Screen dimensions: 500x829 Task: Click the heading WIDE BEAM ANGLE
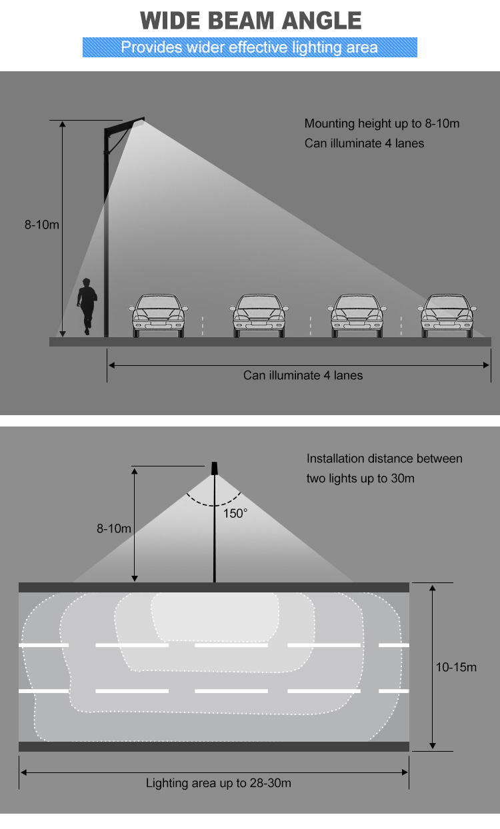pos(251,20)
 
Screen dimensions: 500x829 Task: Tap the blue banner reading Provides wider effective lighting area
pos(249,47)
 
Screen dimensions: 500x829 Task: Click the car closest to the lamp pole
pos(157,316)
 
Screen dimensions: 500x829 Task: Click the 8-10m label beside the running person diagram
pos(42,225)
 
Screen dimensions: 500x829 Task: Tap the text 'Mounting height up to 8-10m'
pos(381,123)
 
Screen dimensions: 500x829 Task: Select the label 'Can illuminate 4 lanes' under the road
pos(303,375)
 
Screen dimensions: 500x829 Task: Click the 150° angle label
pos(235,513)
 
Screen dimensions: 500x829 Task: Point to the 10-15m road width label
pos(456,666)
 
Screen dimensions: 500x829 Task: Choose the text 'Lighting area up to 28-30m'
pos(219,783)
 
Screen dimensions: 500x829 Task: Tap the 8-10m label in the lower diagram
pos(114,528)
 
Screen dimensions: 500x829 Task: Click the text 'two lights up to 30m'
pos(360,478)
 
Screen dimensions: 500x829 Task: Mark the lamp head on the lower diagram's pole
pos(214,468)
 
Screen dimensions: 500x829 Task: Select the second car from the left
pos(259,316)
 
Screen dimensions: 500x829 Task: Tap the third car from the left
pos(357,316)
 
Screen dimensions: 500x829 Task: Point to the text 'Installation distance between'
pos(384,458)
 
